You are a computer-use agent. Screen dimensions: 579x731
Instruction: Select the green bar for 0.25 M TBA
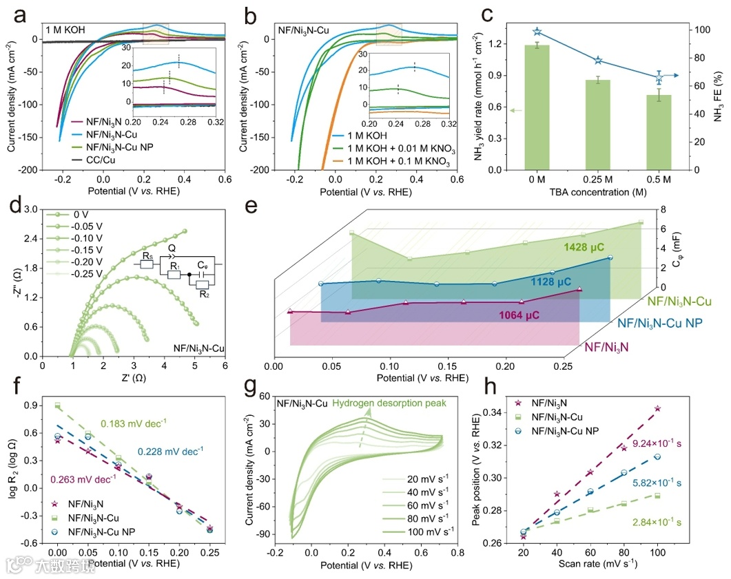tap(598, 125)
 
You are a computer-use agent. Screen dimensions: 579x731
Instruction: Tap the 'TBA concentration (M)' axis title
tap(597, 191)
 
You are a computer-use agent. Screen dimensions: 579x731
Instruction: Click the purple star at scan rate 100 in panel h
tap(658, 408)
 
